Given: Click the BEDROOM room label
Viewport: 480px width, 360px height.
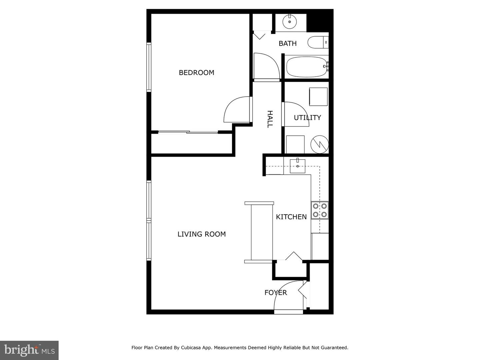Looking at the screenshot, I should coord(196,73).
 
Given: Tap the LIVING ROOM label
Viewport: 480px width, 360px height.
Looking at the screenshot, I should coord(201,234).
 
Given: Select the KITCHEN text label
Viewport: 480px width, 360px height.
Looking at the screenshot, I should coord(291,217).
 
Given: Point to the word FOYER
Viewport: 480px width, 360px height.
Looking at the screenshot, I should coord(275,293).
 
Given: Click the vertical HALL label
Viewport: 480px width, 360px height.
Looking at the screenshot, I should coord(270,119).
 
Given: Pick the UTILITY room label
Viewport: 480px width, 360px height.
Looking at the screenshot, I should coord(307,118).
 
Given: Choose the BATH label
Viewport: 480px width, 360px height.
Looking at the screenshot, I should coord(287,44).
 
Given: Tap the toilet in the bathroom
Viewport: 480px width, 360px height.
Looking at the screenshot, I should coord(318,43).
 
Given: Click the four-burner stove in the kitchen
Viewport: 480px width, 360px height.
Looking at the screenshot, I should coord(320,210).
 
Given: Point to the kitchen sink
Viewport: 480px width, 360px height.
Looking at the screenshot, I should coord(297,166).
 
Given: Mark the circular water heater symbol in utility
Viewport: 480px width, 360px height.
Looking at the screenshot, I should coord(320,144).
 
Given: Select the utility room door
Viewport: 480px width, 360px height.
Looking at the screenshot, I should coord(296,114).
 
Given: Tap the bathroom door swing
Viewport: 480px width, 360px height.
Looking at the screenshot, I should coord(266,66).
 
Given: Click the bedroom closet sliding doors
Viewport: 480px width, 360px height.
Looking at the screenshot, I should coord(188,132).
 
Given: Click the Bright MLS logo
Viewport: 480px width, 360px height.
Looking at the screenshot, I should coord(29,350).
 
